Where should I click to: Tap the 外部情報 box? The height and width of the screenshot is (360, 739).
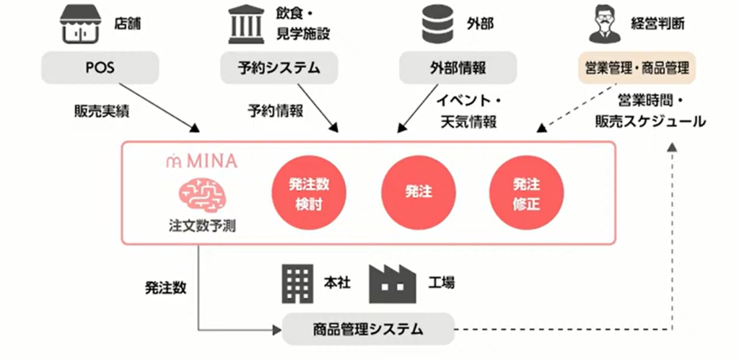[x=458, y=68]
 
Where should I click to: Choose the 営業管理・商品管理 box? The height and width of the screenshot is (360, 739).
[x=637, y=68]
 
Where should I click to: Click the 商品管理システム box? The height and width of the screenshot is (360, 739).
[x=368, y=329]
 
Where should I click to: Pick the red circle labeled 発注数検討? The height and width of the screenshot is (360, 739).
[x=302, y=193]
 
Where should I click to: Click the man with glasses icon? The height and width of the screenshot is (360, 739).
[x=607, y=24]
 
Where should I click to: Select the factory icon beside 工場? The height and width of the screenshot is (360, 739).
[x=393, y=284]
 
